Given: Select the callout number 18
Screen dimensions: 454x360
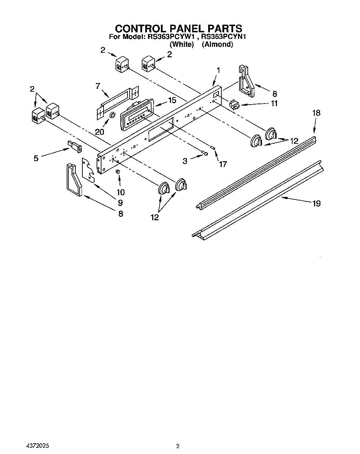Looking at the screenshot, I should [316, 113].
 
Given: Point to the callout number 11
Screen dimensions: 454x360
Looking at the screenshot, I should [274, 103].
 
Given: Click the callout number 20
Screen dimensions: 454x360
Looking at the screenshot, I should [99, 132].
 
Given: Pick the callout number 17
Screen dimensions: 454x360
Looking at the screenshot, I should [222, 164].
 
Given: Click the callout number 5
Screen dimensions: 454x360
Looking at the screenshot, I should [36, 158].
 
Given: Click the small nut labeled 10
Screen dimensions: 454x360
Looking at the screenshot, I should [118, 172].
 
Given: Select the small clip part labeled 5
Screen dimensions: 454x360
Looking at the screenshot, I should [75, 146].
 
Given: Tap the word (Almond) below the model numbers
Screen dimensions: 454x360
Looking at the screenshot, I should [217, 44].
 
